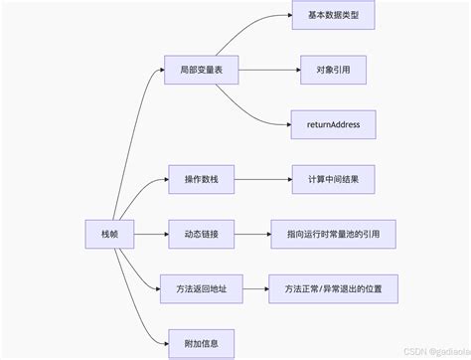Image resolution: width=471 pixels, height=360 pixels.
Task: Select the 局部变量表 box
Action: coord(201,73)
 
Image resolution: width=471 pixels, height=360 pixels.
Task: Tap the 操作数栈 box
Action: coord(201,181)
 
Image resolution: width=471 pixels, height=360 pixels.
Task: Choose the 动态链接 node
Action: coord(201,236)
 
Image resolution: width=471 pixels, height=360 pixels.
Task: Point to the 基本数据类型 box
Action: coord(333,18)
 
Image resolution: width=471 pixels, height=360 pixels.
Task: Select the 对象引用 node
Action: coord(333,73)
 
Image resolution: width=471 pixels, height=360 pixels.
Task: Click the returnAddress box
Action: coord(333,126)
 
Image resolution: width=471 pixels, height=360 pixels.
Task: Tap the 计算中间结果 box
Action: coord(333,181)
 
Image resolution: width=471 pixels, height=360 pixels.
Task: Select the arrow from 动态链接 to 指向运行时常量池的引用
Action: coord(253,236)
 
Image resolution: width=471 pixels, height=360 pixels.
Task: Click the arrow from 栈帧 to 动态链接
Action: coord(144,236)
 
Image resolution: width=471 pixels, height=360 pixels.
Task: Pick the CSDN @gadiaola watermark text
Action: coord(428,351)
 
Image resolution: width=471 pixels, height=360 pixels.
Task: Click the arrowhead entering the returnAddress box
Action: coord(286,125)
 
